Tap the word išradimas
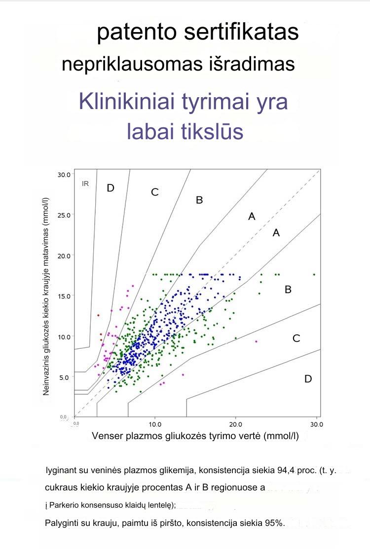pyautogui.click(x=256, y=65)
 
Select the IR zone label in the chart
pyautogui.click(x=85, y=184)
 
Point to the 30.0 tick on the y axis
pyautogui.click(x=64, y=175)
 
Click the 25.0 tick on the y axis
pyautogui.click(x=64, y=215)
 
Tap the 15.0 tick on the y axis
pyautogui.click(x=64, y=296)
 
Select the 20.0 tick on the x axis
pyautogui.click(x=235, y=424)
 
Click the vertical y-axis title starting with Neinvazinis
pyautogui.click(x=48, y=296)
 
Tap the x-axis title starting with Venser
pyautogui.click(x=195, y=436)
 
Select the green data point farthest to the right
pyautogui.click(x=314, y=274)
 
